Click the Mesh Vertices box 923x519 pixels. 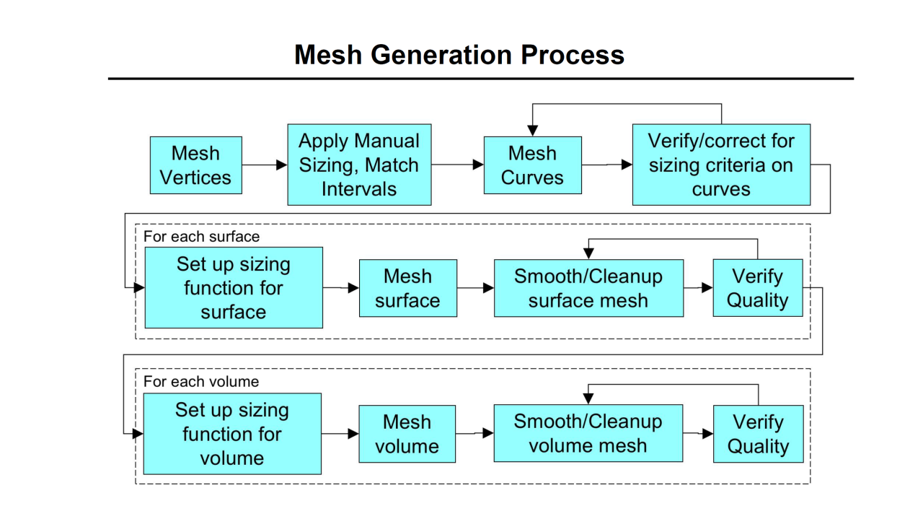(195, 165)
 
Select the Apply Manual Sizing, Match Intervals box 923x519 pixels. (359, 165)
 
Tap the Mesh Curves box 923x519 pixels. (533, 165)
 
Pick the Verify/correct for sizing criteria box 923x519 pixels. (721, 165)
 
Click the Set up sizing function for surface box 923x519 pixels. (234, 287)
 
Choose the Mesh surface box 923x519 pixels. (407, 288)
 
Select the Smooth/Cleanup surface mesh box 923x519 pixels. (588, 288)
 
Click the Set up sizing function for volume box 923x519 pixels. (232, 433)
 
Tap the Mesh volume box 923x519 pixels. (407, 434)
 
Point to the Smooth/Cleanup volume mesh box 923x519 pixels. (588, 433)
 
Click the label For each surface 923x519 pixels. (201, 237)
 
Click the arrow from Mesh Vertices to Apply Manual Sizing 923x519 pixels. (265, 165)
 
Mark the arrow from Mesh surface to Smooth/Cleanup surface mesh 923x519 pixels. (475, 288)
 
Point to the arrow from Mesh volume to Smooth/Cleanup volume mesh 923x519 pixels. (474, 433)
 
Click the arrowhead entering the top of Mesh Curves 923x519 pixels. (532, 131)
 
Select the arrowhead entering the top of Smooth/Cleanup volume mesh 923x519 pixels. (588, 398)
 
